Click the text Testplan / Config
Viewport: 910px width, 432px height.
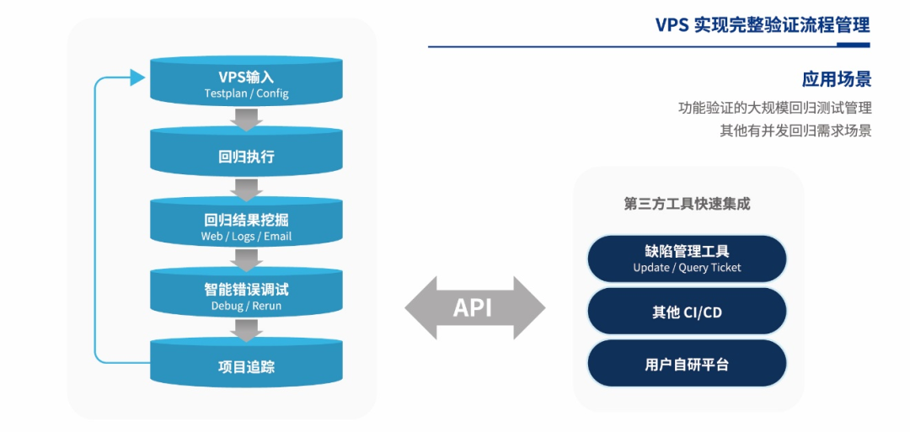click(x=246, y=93)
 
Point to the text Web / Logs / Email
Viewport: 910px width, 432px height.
click(x=246, y=237)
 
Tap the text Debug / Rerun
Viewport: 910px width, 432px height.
click(x=246, y=306)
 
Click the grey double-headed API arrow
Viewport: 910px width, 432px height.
click(x=474, y=308)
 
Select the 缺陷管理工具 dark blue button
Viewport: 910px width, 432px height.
click(x=687, y=259)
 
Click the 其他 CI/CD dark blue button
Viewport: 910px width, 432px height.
click(x=687, y=312)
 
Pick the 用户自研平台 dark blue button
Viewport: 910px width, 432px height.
click(x=687, y=365)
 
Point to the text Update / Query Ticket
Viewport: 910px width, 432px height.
click(x=687, y=268)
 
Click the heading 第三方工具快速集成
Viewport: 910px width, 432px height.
click(x=687, y=204)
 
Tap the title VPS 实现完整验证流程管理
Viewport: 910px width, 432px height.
click(x=763, y=24)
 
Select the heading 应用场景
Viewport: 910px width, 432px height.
click(x=836, y=79)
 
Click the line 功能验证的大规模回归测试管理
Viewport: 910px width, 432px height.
click(x=774, y=108)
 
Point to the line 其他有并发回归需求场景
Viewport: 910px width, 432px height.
click(x=795, y=131)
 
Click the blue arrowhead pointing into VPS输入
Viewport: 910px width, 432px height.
click(x=137, y=78)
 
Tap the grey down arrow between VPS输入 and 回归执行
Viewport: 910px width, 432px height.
click(x=246, y=121)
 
